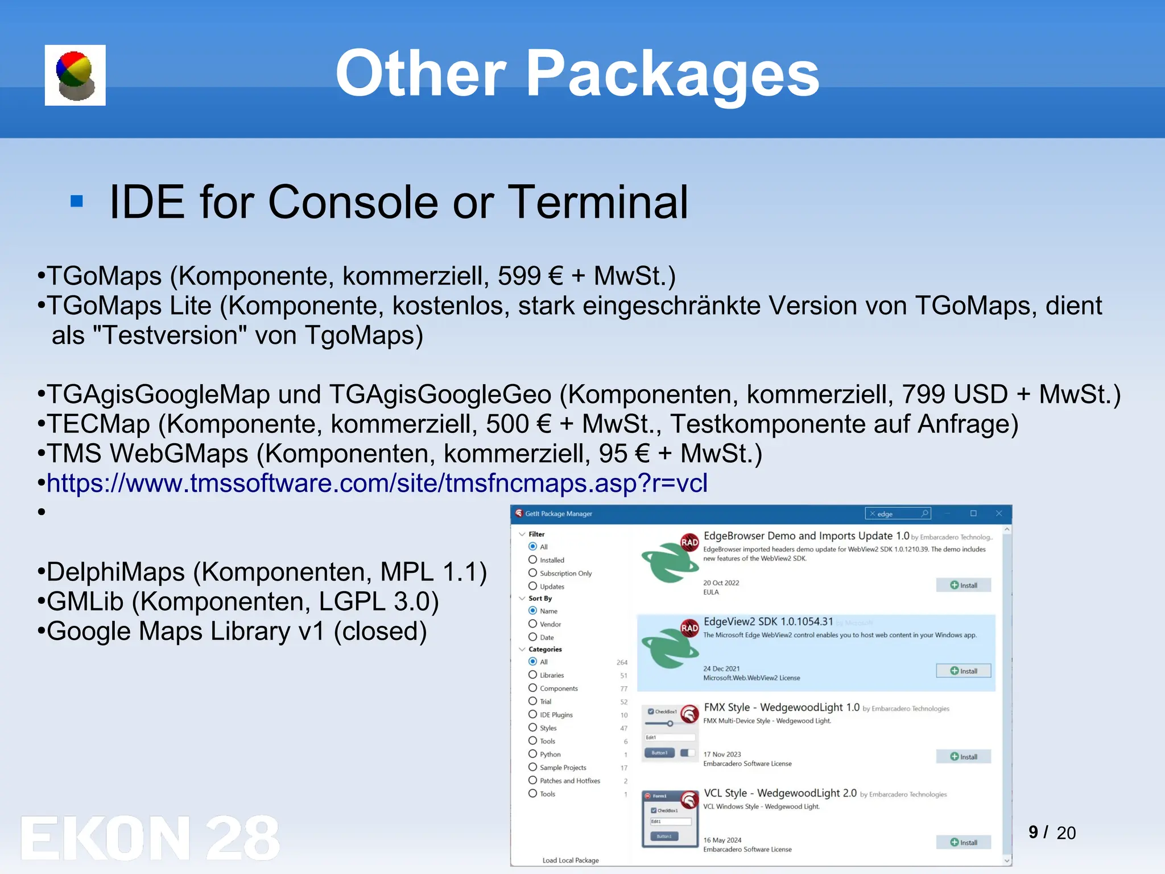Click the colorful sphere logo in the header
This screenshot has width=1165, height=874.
[x=75, y=75]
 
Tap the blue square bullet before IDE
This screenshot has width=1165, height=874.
[x=77, y=201]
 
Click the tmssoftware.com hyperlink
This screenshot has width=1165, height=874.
[x=377, y=483]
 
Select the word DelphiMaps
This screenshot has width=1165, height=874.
[x=115, y=572]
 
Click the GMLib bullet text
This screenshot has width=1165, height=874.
[x=85, y=601]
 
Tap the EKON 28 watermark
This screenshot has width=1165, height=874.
[x=150, y=838]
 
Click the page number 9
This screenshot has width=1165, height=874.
[x=1033, y=832]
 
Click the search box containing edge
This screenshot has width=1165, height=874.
[x=898, y=514]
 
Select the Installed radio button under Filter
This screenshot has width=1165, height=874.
[x=533, y=560]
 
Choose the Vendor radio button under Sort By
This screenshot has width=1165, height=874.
[x=533, y=624]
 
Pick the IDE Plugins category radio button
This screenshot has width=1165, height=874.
[x=533, y=715]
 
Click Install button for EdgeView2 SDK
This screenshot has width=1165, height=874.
[x=964, y=671]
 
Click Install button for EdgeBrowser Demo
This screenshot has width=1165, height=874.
[x=964, y=585]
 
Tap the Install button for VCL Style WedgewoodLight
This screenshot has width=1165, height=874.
[x=964, y=842]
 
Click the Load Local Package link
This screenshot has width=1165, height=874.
[x=571, y=860]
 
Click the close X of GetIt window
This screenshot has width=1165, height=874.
[x=999, y=513]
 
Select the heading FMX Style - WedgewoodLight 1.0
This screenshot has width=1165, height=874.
[x=781, y=707]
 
